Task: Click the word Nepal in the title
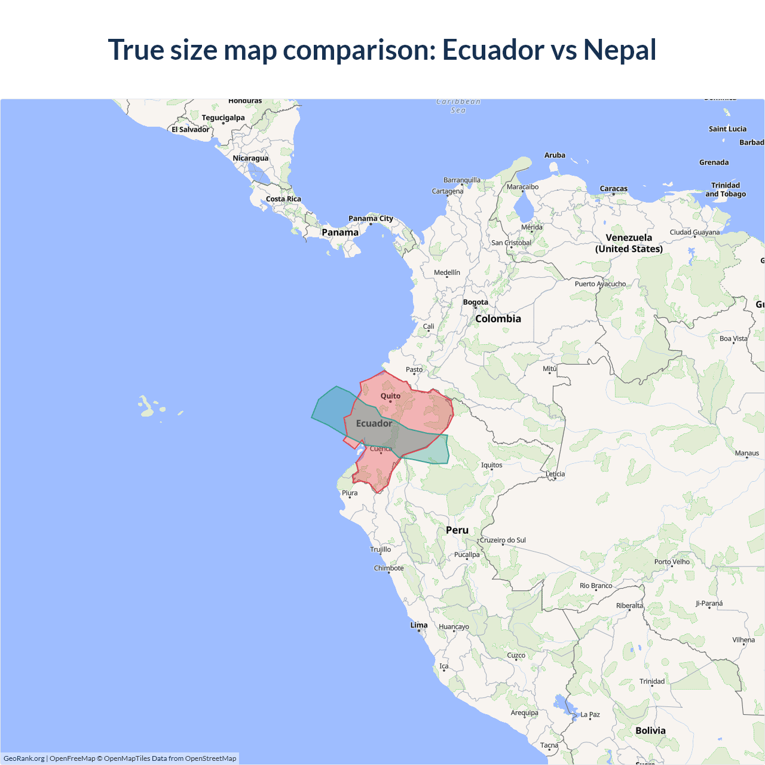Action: pos(619,50)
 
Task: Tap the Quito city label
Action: pos(390,396)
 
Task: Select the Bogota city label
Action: pos(475,302)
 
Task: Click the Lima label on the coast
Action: pos(419,625)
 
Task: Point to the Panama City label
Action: pos(371,218)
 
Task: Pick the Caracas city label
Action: pos(613,188)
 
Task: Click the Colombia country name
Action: pos(498,319)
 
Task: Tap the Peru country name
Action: pos(457,530)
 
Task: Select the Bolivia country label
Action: pos(650,730)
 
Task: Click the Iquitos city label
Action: pos(491,465)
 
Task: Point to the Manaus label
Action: pos(746,453)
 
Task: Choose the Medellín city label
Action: pos(447,273)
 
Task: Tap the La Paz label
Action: pos(590,714)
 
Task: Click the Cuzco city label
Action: pos(516,655)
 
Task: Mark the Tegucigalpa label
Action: pos(223,118)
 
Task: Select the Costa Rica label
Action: pos(283,199)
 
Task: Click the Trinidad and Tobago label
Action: pos(726,189)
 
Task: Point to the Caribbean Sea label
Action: pos(458,106)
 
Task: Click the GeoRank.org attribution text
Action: pos(24,758)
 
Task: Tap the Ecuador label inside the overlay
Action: pos(374,423)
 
